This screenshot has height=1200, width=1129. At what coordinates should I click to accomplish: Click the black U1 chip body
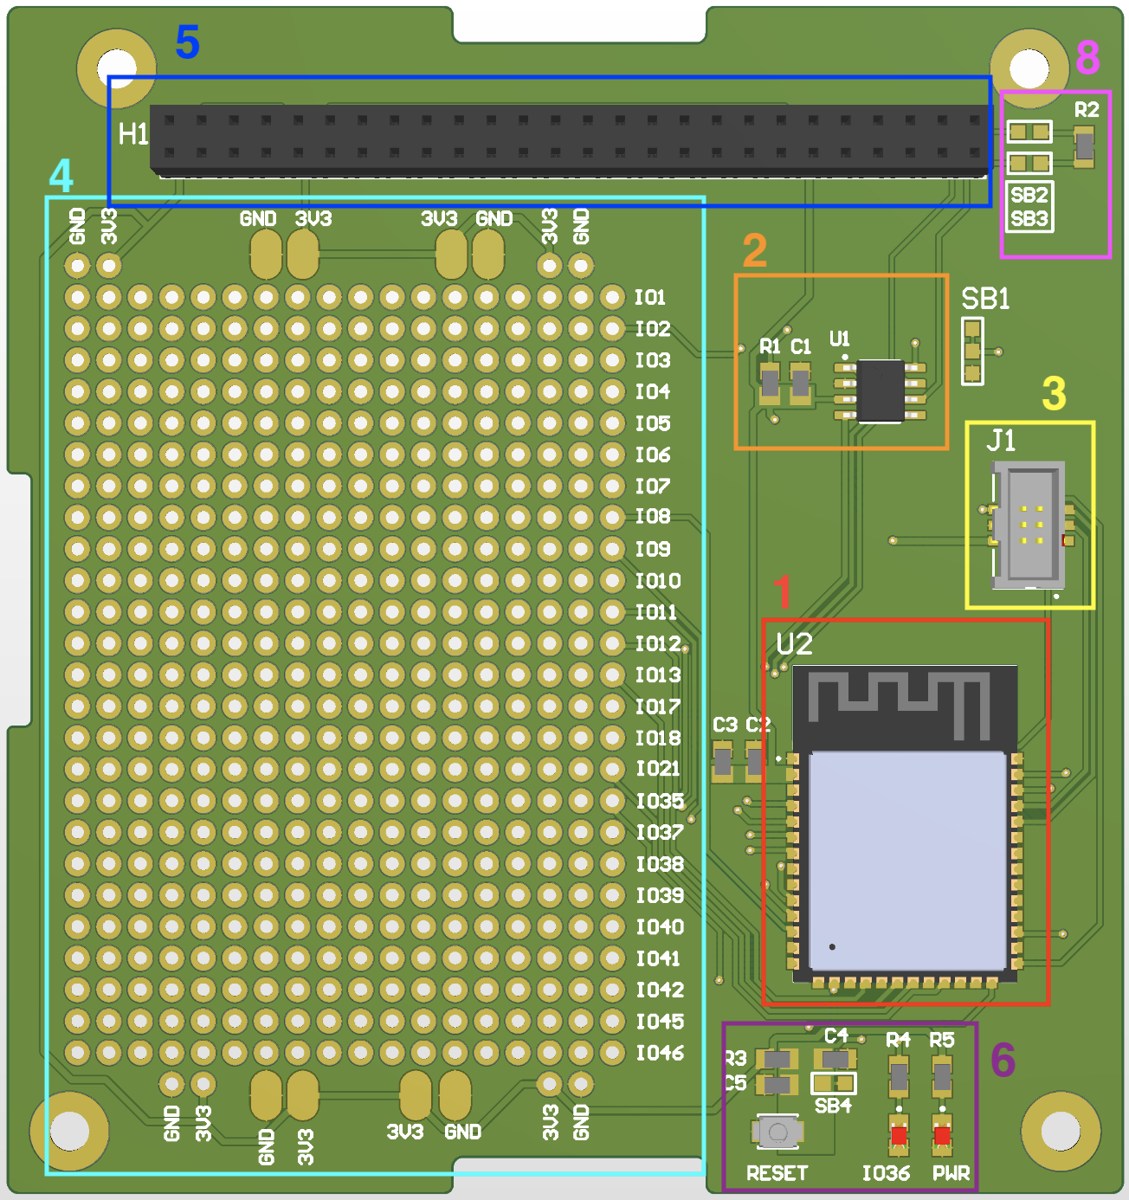(x=881, y=390)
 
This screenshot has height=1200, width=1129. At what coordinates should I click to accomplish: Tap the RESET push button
(x=777, y=1132)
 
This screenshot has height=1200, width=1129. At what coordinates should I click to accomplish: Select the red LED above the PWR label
(x=942, y=1134)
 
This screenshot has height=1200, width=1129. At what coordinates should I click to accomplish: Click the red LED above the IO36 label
(x=899, y=1134)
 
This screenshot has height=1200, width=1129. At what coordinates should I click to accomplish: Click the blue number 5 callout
(x=188, y=42)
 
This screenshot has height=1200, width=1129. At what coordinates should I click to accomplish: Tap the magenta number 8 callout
(x=1087, y=58)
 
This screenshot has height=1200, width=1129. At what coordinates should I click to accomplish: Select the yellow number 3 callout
(x=1054, y=393)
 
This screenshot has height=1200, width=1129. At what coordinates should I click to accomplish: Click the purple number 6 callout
(x=1003, y=1059)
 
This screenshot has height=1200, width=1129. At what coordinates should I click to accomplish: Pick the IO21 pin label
(x=658, y=769)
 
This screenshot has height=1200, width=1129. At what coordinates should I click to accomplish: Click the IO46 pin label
(x=660, y=1053)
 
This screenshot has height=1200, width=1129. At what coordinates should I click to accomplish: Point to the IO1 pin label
(x=650, y=298)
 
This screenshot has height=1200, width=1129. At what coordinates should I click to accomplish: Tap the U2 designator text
(x=794, y=644)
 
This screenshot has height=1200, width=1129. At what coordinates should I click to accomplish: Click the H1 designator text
(x=133, y=134)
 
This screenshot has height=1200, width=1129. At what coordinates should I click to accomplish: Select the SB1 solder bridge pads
(x=972, y=352)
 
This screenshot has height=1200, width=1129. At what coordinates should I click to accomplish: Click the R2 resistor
(x=1084, y=146)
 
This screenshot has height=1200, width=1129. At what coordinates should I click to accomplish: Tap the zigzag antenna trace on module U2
(x=900, y=700)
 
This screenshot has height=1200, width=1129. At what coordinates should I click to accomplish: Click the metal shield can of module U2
(x=906, y=861)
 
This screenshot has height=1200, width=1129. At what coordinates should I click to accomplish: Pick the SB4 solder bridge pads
(x=833, y=1083)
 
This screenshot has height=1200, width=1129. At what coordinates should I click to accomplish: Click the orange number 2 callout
(x=755, y=251)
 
